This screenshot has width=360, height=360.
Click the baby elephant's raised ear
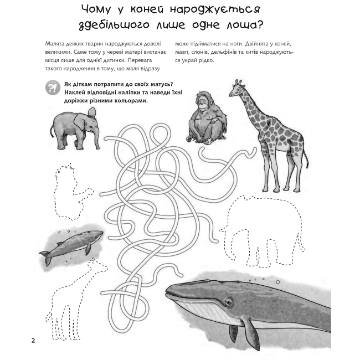pos(92,112)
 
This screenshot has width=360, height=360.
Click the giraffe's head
pos(236,89)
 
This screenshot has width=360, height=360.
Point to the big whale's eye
pos(228,302)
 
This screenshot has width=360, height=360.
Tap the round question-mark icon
pos(53,88)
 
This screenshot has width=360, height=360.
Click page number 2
pos(33,341)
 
